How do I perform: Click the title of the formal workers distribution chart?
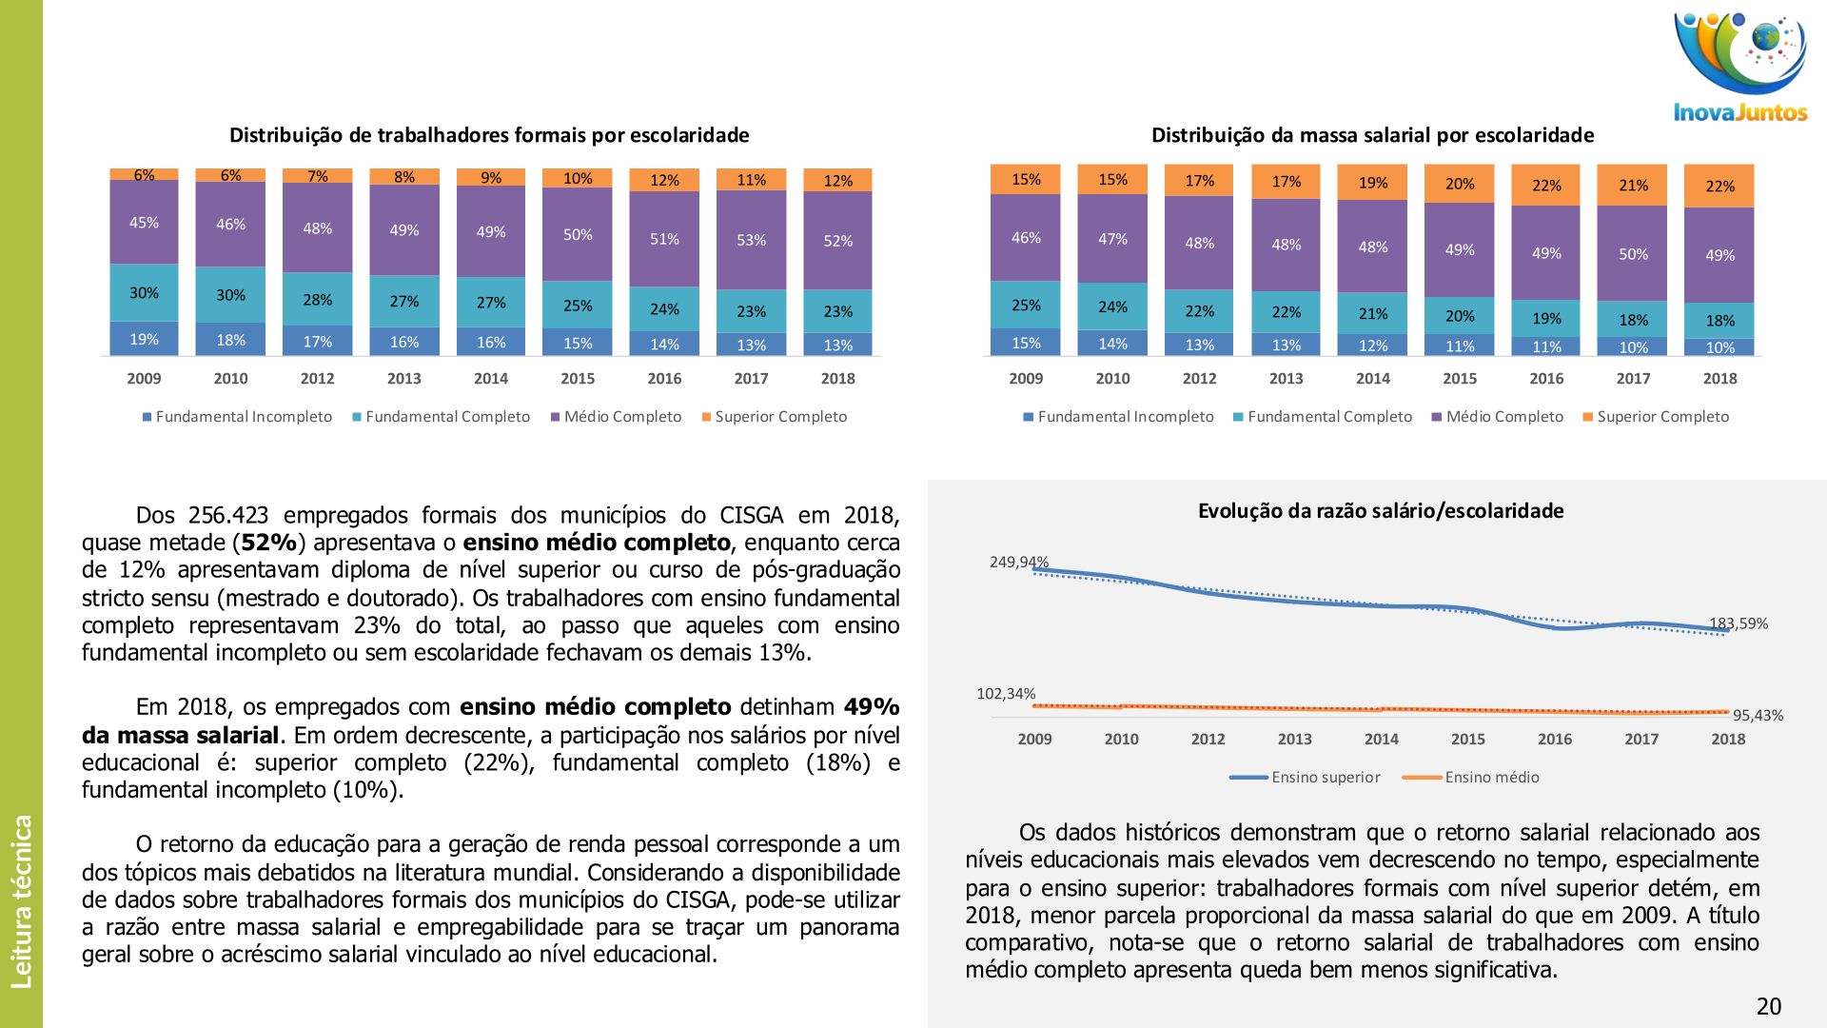pos(489,135)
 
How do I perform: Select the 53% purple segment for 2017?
pos(751,240)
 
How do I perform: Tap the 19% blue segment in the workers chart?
pos(144,339)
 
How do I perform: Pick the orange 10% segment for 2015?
pos(578,178)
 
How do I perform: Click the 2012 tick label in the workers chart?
pos(317,378)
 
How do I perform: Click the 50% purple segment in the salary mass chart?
pos(1633,254)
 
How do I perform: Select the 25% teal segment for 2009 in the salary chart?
pos(1026,306)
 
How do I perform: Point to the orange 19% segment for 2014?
pos(1372,183)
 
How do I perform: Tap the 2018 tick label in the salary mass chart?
pos(1719,378)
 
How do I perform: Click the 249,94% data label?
pos(1018,562)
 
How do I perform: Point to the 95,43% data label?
pos(1758,716)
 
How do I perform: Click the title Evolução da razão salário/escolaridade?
pos(1380,511)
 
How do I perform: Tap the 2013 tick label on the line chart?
pos(1294,739)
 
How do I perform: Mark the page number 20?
pos(1768,1006)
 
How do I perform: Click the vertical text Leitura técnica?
pos(22,900)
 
